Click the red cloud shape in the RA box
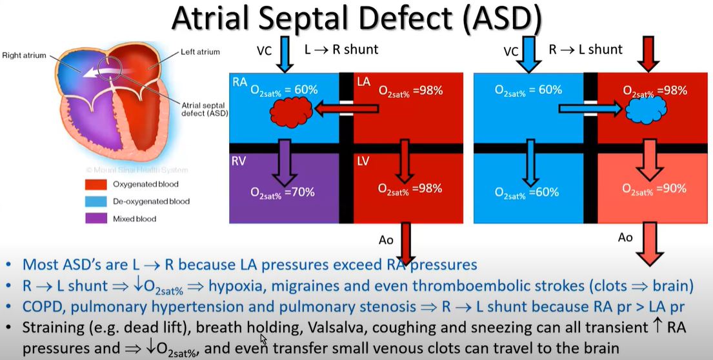[x=292, y=112]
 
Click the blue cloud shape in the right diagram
[x=646, y=110]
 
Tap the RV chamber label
[x=240, y=163]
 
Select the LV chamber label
[x=364, y=163]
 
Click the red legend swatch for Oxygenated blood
[x=96, y=184]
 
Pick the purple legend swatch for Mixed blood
[x=96, y=219]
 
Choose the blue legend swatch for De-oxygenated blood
[x=96, y=201]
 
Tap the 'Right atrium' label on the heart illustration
[x=24, y=55]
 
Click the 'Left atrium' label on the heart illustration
[x=200, y=52]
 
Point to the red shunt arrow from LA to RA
[x=347, y=108]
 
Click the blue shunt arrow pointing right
[x=590, y=108]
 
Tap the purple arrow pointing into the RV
[x=284, y=163]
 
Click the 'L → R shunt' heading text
[x=341, y=48]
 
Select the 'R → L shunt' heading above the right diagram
[x=586, y=48]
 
